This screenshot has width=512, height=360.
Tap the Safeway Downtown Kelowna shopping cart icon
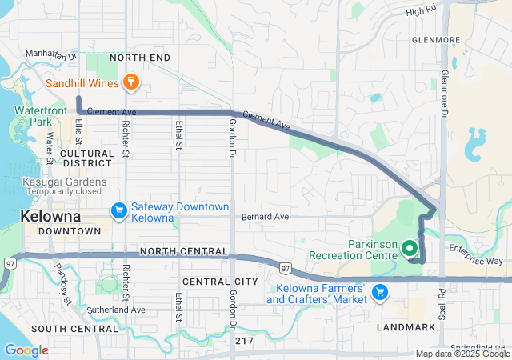coord(119,210)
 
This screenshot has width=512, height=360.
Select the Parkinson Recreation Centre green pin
coord(410,248)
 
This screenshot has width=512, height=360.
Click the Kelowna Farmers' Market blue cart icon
coord(380,292)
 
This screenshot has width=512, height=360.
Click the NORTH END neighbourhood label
coord(140,58)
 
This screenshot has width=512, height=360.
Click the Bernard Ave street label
coord(265,217)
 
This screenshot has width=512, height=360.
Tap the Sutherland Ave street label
coord(116,310)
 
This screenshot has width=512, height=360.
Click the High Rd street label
coord(420,11)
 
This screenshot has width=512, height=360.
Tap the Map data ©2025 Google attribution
coord(462,354)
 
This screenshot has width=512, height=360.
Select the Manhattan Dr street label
coord(50,54)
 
